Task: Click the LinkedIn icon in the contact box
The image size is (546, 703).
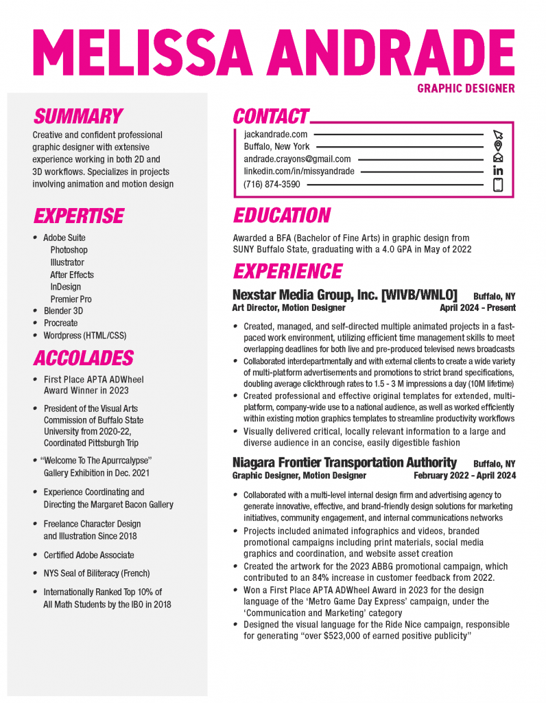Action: (498, 171)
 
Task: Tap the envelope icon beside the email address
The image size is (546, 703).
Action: (498, 159)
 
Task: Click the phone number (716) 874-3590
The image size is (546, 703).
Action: (272, 184)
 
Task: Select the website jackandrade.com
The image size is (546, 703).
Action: (276, 135)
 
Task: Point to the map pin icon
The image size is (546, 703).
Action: (498, 146)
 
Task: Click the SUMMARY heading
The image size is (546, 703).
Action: (78, 116)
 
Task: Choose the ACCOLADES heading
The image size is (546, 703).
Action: (83, 358)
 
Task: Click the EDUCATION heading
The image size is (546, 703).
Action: (282, 216)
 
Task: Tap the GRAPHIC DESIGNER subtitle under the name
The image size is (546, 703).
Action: (466, 88)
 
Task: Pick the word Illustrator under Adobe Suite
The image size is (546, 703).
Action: (67, 262)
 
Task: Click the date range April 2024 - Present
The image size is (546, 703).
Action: (477, 308)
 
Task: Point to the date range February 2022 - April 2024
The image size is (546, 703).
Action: (464, 475)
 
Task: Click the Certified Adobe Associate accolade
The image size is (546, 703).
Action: (88, 555)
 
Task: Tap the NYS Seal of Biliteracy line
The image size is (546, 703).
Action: (96, 573)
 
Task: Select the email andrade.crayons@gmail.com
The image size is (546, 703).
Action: (297, 159)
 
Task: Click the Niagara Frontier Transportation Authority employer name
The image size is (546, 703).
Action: (344, 462)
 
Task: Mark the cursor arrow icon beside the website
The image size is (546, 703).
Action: (498, 135)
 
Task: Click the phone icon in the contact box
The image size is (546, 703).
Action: (498, 184)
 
